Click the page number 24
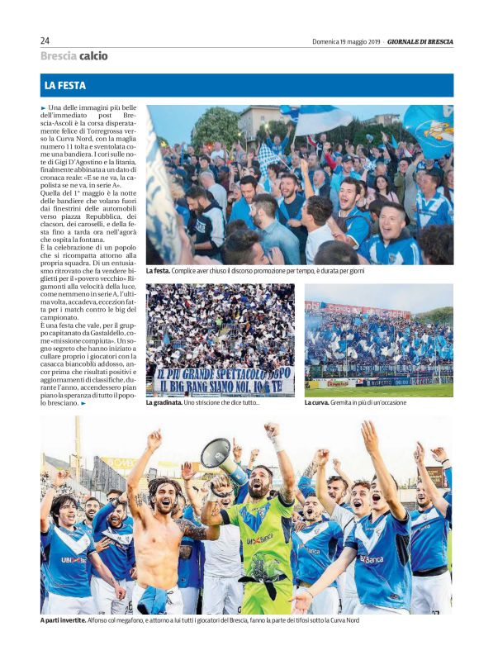point(45,40)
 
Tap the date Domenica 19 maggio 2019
point(345,41)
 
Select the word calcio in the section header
point(93,56)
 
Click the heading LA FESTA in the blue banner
point(65,85)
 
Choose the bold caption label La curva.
point(318,403)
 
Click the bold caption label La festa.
point(158,271)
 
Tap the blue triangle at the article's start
point(44,108)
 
